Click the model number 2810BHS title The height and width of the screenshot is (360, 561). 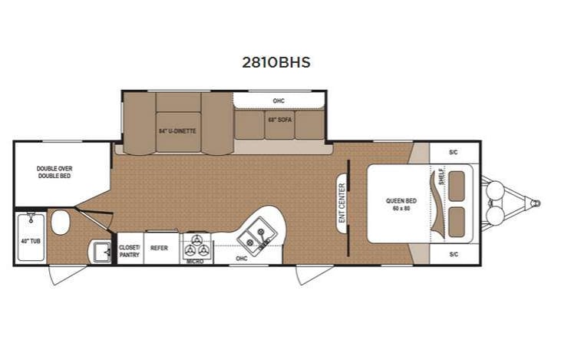tap(276, 63)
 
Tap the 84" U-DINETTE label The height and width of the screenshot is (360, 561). tap(177, 131)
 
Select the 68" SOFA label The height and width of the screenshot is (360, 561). tap(279, 121)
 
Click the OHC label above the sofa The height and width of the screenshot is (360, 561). tap(279, 101)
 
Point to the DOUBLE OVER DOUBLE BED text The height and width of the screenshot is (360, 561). tap(54, 172)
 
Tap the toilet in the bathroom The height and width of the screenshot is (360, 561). tap(60, 223)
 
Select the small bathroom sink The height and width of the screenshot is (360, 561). tap(98, 251)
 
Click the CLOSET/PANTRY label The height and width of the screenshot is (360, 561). tap(129, 251)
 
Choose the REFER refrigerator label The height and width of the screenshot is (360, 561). tap(160, 248)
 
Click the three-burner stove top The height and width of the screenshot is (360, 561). tap(196, 246)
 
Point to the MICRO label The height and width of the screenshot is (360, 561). tap(195, 262)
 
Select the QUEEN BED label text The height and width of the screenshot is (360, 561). tap(400, 204)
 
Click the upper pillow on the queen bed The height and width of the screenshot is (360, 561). tap(460, 187)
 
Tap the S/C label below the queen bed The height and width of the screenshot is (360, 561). tap(454, 254)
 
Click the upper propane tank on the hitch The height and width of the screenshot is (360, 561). tap(495, 189)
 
